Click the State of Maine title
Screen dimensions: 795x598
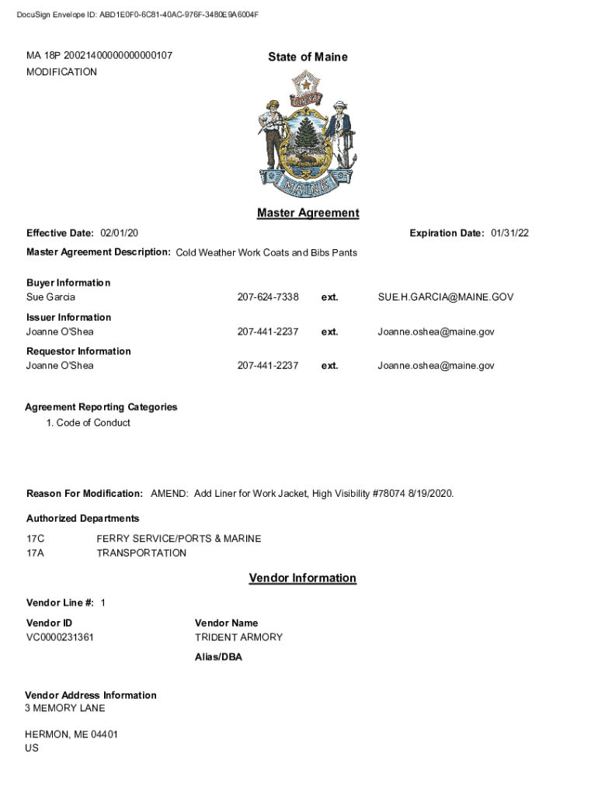click(308, 57)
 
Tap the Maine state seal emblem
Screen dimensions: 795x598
click(308, 134)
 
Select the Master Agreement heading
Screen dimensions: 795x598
click(308, 213)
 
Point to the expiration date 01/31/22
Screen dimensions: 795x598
click(509, 234)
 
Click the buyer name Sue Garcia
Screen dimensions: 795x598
click(50, 297)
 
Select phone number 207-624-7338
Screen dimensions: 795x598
click(267, 297)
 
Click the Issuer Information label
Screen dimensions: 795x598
click(68, 317)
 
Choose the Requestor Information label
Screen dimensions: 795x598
click(78, 351)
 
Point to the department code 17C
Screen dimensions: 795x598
click(36, 539)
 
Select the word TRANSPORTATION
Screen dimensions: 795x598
click(141, 554)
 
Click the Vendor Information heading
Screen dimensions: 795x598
click(302, 578)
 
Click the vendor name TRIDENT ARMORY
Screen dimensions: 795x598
click(238, 637)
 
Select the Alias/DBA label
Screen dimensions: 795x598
click(218, 657)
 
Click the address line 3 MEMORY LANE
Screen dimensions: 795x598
click(65, 708)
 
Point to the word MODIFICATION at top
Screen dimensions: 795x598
click(61, 72)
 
